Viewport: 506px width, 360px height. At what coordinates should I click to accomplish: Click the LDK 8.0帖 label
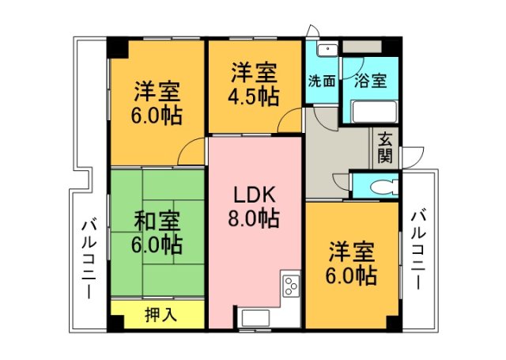point(254,207)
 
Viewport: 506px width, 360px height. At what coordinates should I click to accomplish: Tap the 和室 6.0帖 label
point(157,233)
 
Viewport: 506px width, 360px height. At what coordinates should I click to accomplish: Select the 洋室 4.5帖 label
point(254,85)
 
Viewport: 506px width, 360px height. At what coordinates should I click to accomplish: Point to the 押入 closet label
point(161,314)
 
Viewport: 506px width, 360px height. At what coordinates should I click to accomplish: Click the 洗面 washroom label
point(322,81)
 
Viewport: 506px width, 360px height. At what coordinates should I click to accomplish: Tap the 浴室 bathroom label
point(371,81)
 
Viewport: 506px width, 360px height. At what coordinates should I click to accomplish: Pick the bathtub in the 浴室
point(375,112)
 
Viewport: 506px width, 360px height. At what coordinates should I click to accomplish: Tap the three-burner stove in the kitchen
point(292,286)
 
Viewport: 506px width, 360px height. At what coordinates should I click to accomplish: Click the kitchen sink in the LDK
point(256,318)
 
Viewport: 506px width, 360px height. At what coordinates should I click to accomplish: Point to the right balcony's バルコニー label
point(419,249)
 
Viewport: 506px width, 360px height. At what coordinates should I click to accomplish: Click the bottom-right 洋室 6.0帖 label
point(351,263)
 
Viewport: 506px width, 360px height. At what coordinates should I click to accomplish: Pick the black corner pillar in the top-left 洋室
point(118,48)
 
